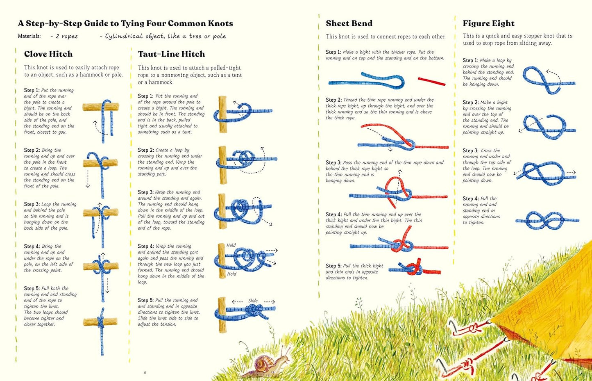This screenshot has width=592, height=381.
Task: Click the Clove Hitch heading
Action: click(x=48, y=54)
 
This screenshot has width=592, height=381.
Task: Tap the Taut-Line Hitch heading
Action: click(x=171, y=54)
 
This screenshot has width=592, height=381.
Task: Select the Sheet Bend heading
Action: click(x=349, y=23)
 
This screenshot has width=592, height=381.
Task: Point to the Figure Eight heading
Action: click(x=489, y=23)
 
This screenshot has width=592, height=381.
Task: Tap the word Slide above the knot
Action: click(x=253, y=301)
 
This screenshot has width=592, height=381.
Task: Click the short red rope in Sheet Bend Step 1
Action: click(x=431, y=81)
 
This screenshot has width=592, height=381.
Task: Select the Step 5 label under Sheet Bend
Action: click(x=333, y=266)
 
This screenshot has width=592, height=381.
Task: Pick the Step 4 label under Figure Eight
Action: click(x=471, y=198)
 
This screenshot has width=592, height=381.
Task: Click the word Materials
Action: click(x=29, y=36)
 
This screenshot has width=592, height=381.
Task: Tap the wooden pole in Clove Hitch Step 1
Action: click(x=101, y=107)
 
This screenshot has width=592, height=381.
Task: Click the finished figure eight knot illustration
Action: click(x=547, y=220)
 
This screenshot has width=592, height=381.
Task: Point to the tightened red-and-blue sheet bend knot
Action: click(x=415, y=269)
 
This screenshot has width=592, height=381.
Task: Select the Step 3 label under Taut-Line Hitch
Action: click(x=145, y=192)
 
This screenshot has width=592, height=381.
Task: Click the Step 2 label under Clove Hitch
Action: click(x=32, y=150)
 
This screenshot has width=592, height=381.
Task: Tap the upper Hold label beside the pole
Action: click(x=231, y=245)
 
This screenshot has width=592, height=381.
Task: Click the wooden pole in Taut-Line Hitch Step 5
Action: click(x=222, y=315)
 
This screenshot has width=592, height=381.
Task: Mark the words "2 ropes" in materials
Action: click(x=67, y=36)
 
